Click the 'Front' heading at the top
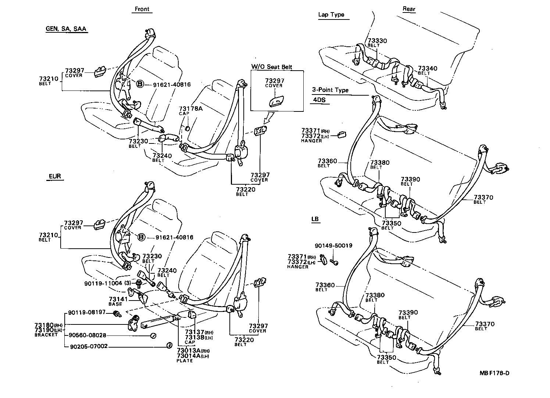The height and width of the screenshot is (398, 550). click(x=142, y=9)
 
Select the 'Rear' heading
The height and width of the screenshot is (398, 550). click(x=408, y=10)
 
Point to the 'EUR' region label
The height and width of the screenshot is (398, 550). click(x=55, y=177)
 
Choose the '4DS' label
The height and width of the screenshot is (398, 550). click(x=319, y=99)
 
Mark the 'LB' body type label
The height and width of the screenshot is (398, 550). click(x=315, y=219)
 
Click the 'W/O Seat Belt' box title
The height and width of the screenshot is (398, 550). click(x=271, y=67)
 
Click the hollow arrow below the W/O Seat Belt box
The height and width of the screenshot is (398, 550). click(x=269, y=118)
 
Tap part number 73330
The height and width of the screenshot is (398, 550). click(x=377, y=41)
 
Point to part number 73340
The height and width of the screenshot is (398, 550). click(x=428, y=68)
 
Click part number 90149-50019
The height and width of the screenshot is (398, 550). click(x=333, y=245)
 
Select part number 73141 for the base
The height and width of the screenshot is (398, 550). click(x=118, y=299)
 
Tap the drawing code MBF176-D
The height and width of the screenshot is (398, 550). click(x=494, y=373)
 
